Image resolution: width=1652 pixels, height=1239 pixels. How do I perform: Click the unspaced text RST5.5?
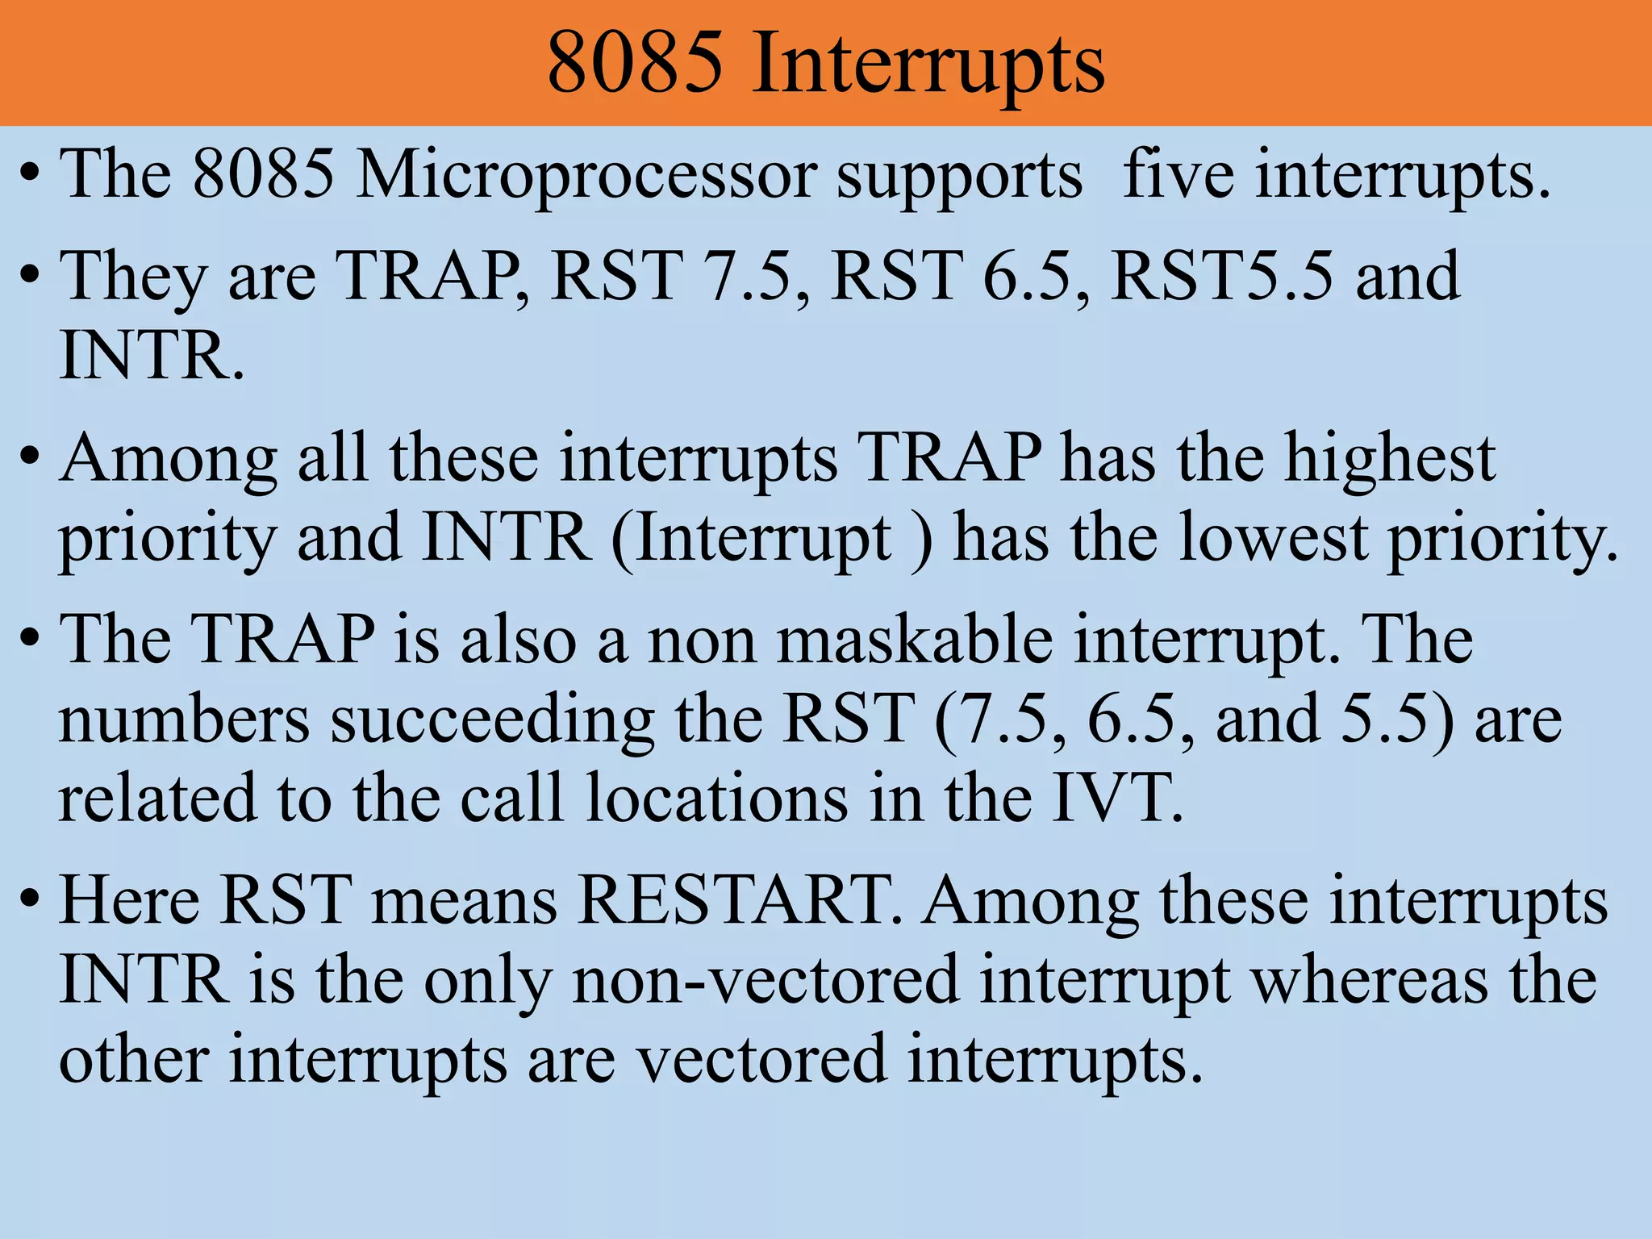click(1222, 276)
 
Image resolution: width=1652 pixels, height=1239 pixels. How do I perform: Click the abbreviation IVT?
click(1117, 799)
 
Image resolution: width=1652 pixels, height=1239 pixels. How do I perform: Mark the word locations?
click(717, 799)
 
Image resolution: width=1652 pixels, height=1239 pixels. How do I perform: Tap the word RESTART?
click(740, 900)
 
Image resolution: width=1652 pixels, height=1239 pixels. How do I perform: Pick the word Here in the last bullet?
click(130, 900)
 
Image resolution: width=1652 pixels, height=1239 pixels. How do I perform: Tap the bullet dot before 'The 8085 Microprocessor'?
click(30, 176)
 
